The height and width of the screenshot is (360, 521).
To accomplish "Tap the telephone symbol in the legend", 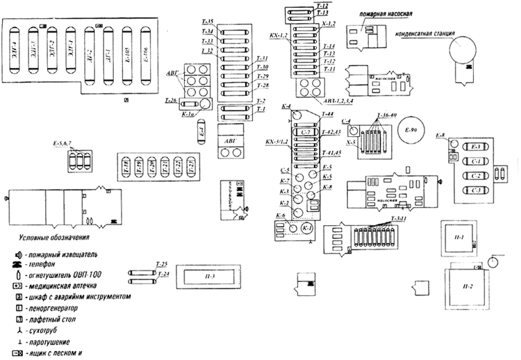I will (x=17, y=265).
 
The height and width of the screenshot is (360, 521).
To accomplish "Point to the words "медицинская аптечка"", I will (x=63, y=286).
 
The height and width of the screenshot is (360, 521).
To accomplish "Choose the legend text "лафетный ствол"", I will (x=52, y=318).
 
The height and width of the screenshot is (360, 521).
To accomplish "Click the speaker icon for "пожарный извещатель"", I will (x=17, y=254).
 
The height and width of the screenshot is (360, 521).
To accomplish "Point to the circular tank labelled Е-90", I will (x=410, y=130).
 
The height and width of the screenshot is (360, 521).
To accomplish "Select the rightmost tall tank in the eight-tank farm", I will (x=145, y=53).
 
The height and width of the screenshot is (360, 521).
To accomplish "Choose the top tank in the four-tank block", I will (x=474, y=147).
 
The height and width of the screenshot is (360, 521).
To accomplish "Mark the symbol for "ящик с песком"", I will (x=18, y=353).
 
